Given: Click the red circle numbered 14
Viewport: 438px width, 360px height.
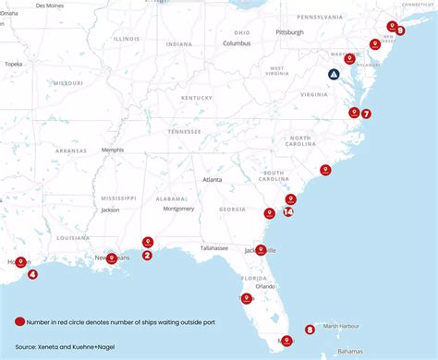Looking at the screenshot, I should coord(289,211).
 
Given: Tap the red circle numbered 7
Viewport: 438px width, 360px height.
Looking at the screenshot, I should coord(366,114).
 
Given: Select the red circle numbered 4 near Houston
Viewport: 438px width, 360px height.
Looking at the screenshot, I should coord(32,273).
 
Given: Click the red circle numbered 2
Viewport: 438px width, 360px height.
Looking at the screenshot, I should coord(147,255).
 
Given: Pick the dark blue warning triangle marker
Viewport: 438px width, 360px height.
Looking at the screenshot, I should coord(334,75).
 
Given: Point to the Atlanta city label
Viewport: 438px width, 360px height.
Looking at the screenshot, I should coord(213,180).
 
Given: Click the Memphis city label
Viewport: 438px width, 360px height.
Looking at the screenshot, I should coord(112,150).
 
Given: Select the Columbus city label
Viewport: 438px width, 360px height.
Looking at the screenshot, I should coord(237,43).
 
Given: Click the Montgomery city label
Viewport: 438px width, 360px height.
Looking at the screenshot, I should coord(177,209).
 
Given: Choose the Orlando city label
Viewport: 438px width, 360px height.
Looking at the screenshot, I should coord(266,286).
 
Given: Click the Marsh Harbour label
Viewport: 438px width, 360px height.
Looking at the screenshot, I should coord(342,326).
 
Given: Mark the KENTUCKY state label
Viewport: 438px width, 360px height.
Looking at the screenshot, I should coord(197,97).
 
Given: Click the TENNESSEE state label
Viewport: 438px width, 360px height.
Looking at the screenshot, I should coord(184,131).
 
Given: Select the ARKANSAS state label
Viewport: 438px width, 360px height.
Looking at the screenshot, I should coord(70,150).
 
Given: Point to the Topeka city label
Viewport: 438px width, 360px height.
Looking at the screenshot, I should coord(13,64).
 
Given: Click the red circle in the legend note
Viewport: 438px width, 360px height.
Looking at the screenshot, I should coord(20,321).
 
